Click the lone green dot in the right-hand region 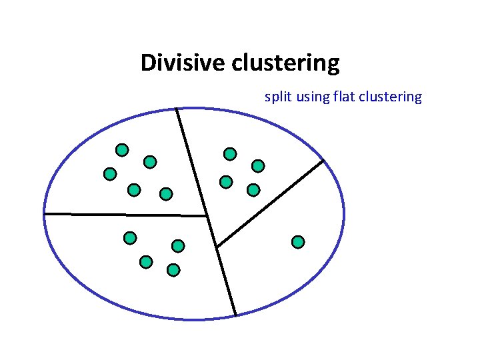298,241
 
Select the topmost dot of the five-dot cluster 122,149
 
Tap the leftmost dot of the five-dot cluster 110,174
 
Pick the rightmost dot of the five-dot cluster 166,194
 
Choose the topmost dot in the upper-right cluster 230,154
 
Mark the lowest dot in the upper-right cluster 253,190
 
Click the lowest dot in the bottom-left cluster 173,270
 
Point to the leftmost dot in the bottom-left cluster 130,237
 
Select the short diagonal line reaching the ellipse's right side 270,203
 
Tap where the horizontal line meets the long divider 207,216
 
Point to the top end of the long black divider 177,109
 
